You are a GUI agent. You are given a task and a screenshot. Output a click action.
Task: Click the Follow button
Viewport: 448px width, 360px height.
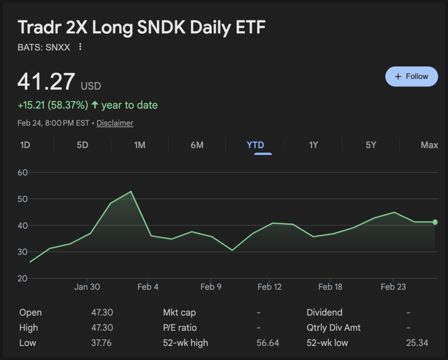(411, 77)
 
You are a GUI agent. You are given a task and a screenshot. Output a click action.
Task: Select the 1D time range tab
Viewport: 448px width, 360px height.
(25, 145)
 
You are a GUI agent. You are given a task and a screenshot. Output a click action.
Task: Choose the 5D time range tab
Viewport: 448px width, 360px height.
(82, 145)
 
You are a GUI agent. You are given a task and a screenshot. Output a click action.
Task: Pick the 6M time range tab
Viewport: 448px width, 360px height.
(197, 145)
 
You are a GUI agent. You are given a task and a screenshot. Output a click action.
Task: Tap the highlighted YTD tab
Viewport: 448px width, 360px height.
(255, 145)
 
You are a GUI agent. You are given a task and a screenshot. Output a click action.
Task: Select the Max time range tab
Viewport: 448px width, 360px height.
(429, 145)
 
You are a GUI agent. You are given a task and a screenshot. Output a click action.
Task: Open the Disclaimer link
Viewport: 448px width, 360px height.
(115, 123)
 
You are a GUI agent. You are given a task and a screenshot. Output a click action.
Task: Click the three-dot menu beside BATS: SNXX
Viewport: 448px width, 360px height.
(80, 47)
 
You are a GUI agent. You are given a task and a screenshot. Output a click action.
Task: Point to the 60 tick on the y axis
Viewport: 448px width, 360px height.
(23, 173)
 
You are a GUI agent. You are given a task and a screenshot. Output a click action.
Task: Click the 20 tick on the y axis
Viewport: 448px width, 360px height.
(23, 278)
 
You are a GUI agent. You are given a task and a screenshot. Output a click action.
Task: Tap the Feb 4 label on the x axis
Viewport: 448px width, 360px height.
(148, 287)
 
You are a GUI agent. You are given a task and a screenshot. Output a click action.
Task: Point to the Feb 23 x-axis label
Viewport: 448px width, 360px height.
(393, 287)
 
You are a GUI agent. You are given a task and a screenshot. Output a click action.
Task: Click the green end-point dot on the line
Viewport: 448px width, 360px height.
(435, 222)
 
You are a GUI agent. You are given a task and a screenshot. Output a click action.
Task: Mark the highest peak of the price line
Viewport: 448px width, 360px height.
(131, 191)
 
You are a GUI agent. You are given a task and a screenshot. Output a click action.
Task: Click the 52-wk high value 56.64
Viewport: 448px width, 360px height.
(268, 343)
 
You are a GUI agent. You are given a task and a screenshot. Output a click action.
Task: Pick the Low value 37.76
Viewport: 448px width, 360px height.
(102, 343)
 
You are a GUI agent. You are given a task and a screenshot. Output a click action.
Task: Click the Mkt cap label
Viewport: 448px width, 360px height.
(179, 312)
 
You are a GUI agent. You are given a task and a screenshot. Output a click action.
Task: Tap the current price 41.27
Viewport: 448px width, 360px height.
(46, 82)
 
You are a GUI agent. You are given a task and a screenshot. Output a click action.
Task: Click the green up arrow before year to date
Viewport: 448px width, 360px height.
(95, 105)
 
